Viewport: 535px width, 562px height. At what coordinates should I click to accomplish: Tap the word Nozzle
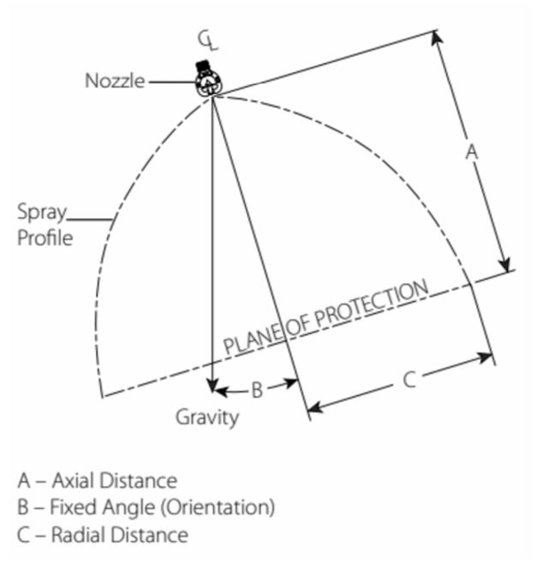[x=116, y=82]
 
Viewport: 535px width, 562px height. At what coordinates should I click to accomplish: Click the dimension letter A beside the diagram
[x=470, y=151]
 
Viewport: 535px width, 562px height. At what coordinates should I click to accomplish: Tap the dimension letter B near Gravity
[x=256, y=391]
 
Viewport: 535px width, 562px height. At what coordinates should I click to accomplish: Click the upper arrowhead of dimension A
[x=439, y=38]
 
